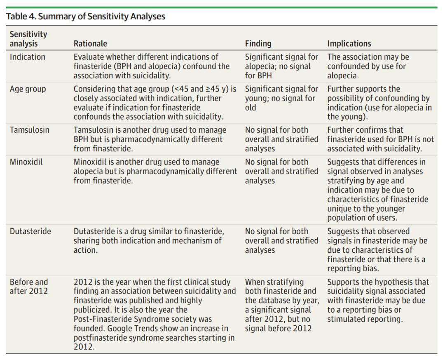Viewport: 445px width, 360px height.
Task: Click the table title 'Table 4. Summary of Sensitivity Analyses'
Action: [x=86, y=16]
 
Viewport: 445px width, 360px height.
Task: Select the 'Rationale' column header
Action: [x=90, y=43]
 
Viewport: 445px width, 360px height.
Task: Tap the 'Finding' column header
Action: [x=258, y=43]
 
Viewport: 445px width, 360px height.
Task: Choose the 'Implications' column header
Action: [x=349, y=43]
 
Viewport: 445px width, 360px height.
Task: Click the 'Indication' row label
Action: [x=28, y=57]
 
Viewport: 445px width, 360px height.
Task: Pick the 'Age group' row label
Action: [x=28, y=89]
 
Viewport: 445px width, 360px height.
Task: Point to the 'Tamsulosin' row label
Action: [x=30, y=130]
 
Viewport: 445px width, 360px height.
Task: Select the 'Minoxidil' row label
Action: [x=26, y=162]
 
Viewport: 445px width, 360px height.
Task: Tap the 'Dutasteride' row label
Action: [x=30, y=231]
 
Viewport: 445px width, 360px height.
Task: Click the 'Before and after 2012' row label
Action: [x=29, y=287]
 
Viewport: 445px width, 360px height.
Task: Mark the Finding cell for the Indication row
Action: [x=281, y=66]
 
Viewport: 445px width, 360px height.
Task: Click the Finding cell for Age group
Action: [x=281, y=98]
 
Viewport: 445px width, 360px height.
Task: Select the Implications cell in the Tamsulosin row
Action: [x=380, y=139]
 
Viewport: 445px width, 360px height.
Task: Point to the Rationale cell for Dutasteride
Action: [x=149, y=240]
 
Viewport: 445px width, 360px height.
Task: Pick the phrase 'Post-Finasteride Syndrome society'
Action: [x=143, y=319]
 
